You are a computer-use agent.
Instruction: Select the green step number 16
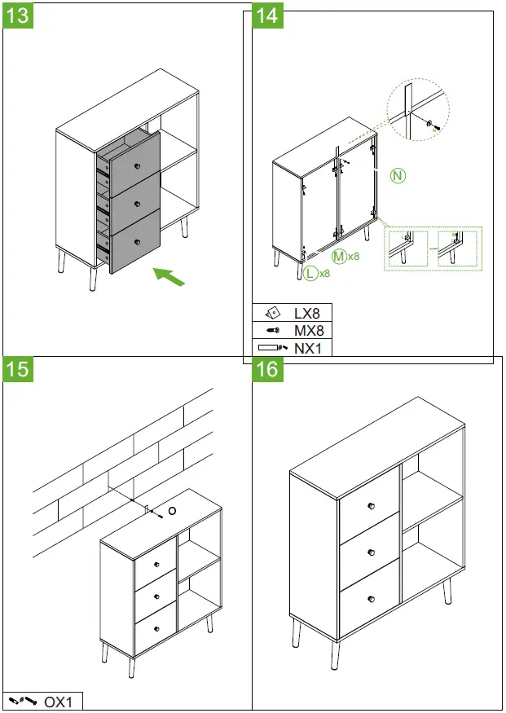[x=266, y=369]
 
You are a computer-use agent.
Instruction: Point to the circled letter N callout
[x=397, y=175]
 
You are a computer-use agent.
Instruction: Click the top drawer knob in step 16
[x=369, y=508]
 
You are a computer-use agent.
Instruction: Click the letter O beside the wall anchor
[x=172, y=510]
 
